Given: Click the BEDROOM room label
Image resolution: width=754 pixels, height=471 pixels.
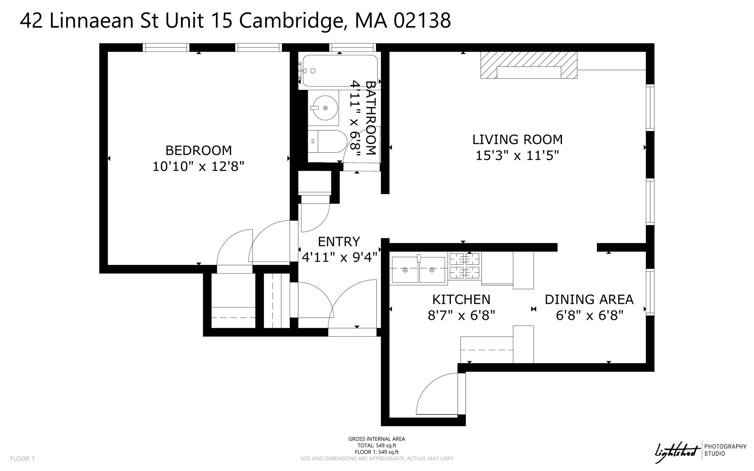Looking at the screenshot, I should [198, 150].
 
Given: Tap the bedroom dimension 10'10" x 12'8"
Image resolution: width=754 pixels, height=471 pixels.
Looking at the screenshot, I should [198, 166].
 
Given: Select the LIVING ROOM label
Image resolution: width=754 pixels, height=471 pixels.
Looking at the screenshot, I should [517, 140].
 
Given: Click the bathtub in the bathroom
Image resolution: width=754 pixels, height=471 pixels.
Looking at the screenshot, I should [339, 70].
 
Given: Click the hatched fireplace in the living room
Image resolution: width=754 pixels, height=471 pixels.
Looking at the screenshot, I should [529, 65].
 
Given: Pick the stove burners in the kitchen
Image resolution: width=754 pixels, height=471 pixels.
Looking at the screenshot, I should [465, 266].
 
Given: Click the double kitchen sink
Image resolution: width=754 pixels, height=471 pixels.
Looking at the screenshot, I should [419, 270].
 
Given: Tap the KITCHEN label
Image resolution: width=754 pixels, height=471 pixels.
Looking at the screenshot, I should [461, 299].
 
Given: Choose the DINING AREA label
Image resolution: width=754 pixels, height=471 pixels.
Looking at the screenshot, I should [589, 299].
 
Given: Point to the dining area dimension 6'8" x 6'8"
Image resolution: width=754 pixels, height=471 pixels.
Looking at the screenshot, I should [589, 316].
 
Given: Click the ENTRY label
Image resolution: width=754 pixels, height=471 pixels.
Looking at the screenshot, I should [339, 242].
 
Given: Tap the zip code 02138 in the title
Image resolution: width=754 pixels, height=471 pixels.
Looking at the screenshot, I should [422, 20].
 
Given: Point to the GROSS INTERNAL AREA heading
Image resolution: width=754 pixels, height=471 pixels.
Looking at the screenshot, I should [377, 439].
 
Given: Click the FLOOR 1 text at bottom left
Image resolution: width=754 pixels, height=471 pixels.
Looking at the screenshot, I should [22, 458].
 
